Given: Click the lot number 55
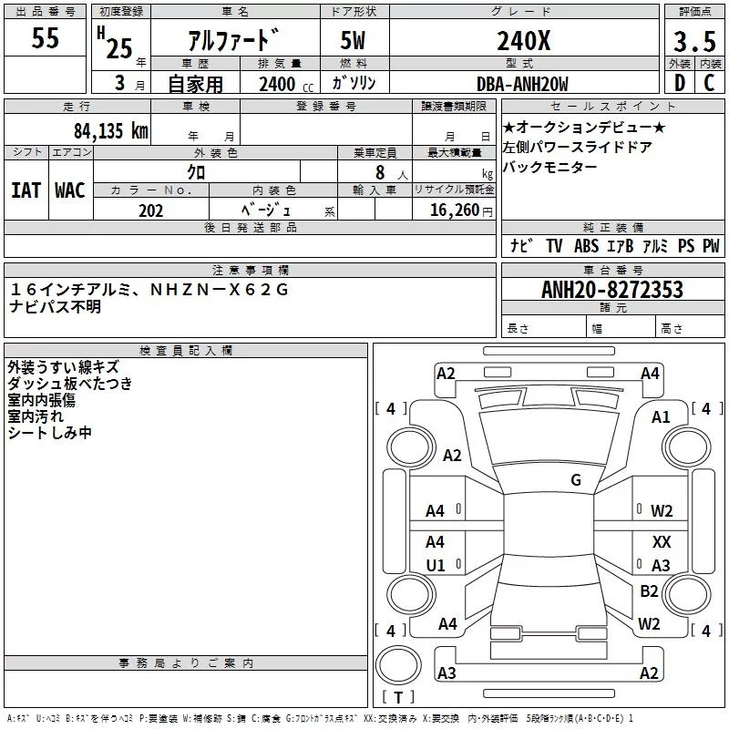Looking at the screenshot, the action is tap(45, 37).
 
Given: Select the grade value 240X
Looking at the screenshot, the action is tap(523, 41).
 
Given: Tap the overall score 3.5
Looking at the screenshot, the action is tap(694, 42).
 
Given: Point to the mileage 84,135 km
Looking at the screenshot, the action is tap(111, 130).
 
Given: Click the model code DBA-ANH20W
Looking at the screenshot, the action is tap(522, 84).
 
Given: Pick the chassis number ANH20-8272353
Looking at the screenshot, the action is tap(612, 290).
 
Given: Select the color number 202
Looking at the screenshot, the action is tap(150, 210).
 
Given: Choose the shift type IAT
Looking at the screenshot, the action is tap(26, 190).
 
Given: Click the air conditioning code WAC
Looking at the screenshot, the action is tap(70, 190).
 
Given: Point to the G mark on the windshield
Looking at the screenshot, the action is tap(576, 479).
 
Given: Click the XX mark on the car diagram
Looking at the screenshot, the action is tap(662, 541).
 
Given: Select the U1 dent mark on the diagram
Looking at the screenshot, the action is tap(436, 565).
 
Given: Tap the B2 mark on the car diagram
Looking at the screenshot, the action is tap(649, 590).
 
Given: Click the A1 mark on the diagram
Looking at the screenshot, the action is tap(661, 417).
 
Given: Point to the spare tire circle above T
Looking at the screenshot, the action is tap(398, 665).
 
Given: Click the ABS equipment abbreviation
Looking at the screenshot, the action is tap(586, 245).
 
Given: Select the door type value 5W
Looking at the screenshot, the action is tap(353, 41).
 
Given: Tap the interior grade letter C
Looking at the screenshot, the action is tap(709, 83).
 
